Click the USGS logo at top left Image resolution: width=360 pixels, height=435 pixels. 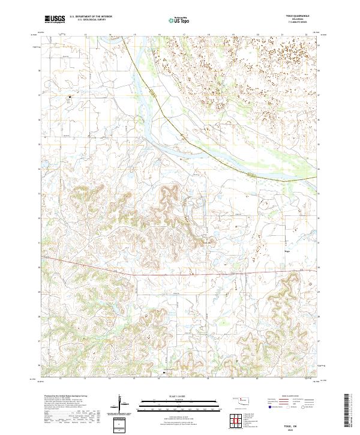tap(55, 19)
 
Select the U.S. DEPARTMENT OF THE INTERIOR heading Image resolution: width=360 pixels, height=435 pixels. tap(91, 17)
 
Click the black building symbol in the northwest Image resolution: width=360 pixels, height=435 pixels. tap(69, 96)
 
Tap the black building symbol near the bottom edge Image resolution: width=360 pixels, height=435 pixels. tap(164, 373)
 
